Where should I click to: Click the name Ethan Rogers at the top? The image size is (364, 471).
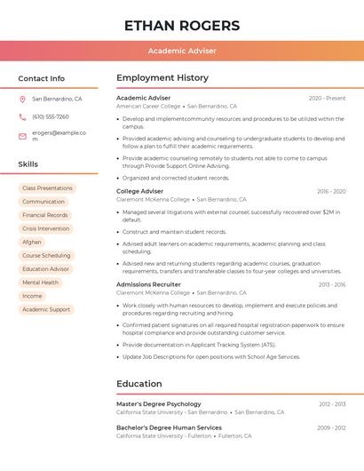coord(182,25)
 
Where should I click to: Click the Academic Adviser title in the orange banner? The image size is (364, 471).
coord(182,51)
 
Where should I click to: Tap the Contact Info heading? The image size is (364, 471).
coord(42,78)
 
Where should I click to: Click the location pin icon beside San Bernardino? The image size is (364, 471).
coord(22,100)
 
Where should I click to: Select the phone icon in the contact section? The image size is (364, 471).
coord(22,117)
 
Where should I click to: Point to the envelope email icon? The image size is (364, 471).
coord(22,136)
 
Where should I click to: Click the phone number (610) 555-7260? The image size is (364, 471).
coord(51,117)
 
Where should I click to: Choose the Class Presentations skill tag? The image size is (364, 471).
coord(47,188)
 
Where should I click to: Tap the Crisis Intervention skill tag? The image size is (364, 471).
coord(45,228)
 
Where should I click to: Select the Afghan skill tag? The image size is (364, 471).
coord(32,242)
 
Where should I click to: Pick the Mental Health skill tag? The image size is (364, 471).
coord(40,283)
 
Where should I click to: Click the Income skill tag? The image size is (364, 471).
coord(32,296)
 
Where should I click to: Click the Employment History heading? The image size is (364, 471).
coord(162,78)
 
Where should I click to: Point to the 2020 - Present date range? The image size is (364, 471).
coord(327,98)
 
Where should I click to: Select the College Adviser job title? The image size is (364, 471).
coord(140,191)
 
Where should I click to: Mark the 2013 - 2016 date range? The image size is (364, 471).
coord(331,284)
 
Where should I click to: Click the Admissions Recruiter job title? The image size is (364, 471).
coord(148,284)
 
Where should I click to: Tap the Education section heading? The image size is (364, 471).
coord(139,384)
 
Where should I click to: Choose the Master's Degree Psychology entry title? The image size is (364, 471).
coord(159,403)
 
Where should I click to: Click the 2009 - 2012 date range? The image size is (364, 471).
coord(331,427)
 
